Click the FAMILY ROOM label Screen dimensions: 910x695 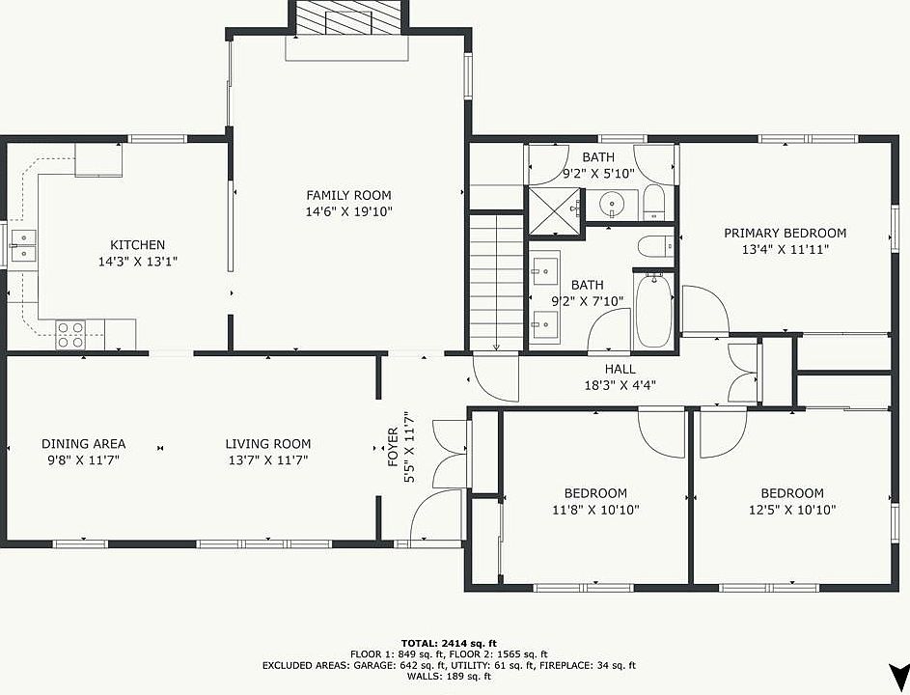pos(348,195)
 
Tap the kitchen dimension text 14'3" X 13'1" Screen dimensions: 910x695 pos(138,262)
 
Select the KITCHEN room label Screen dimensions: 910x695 pos(138,245)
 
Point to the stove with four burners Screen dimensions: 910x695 pos(70,335)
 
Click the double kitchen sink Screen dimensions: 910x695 pos(22,245)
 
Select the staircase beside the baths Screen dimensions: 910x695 pos(496,282)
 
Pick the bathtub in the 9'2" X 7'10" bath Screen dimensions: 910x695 pos(654,312)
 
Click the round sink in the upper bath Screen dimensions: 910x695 pos(611,204)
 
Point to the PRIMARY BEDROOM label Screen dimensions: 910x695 pos(785,233)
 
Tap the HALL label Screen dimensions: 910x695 pos(620,369)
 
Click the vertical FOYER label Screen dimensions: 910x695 pos(393,447)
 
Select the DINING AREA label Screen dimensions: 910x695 pos(84,444)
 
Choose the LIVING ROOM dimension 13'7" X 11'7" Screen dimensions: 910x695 pos(267,460)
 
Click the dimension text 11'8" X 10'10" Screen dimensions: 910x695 pos(595,510)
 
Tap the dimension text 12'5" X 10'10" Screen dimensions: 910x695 pos(792,510)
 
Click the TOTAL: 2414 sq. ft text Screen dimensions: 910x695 pos(449,643)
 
